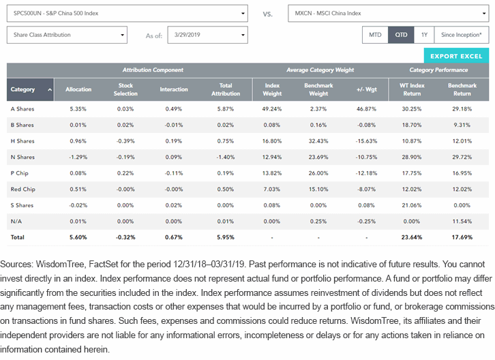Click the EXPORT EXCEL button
(x=456, y=56)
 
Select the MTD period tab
(x=375, y=35)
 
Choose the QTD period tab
(x=401, y=35)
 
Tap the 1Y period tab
(x=424, y=35)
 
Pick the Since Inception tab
(x=462, y=35)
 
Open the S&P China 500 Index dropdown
(x=127, y=13)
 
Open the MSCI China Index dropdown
(x=389, y=13)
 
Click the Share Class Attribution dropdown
(x=67, y=35)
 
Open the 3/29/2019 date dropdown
(x=207, y=35)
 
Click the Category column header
(x=30, y=89)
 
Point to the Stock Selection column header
(x=125, y=89)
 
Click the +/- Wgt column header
(x=367, y=89)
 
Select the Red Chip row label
(x=22, y=189)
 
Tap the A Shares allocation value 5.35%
(x=78, y=109)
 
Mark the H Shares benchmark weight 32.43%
(x=318, y=141)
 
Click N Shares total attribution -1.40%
(x=226, y=157)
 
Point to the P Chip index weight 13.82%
(x=272, y=173)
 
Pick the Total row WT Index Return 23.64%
(x=412, y=237)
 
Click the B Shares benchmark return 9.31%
(x=462, y=125)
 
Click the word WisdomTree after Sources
(x=60, y=265)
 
